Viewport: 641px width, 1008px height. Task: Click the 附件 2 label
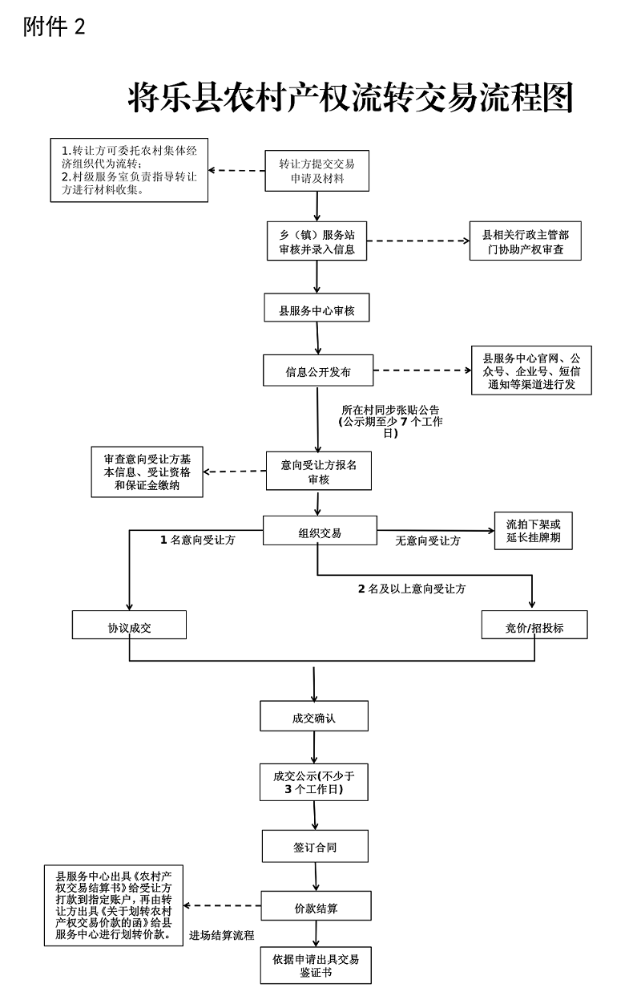[x=54, y=26]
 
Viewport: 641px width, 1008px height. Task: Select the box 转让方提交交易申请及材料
[x=317, y=171]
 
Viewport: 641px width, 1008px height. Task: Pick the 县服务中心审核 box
[x=317, y=310]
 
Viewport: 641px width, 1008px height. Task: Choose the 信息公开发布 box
[x=318, y=372]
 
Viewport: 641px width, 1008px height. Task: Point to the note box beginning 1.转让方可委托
[x=129, y=170]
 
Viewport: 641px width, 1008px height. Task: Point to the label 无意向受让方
[x=428, y=540]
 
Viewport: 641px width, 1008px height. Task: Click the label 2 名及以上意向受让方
[x=412, y=589]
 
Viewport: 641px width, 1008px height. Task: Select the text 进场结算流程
[x=222, y=935]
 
